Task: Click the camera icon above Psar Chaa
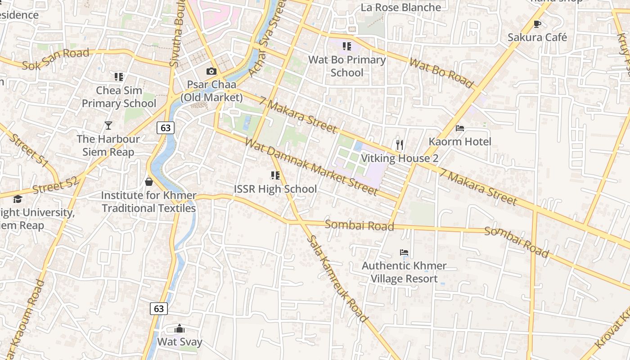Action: tap(211, 71)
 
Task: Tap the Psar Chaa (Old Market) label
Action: tap(211, 91)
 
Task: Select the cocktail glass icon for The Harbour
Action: tap(108, 125)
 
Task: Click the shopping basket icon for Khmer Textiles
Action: tap(149, 182)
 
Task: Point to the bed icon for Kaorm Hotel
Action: tap(460, 128)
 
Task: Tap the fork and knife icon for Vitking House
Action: tap(399, 144)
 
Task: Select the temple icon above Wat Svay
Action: tap(180, 329)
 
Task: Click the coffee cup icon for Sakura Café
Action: tap(537, 24)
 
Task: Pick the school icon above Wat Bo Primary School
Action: tap(346, 46)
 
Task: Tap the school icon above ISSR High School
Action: tap(275, 175)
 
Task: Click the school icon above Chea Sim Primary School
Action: tap(119, 77)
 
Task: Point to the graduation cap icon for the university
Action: tap(18, 199)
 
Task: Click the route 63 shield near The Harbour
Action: tap(166, 128)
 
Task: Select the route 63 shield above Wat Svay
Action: tap(159, 309)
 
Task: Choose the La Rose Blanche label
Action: tap(401, 7)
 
